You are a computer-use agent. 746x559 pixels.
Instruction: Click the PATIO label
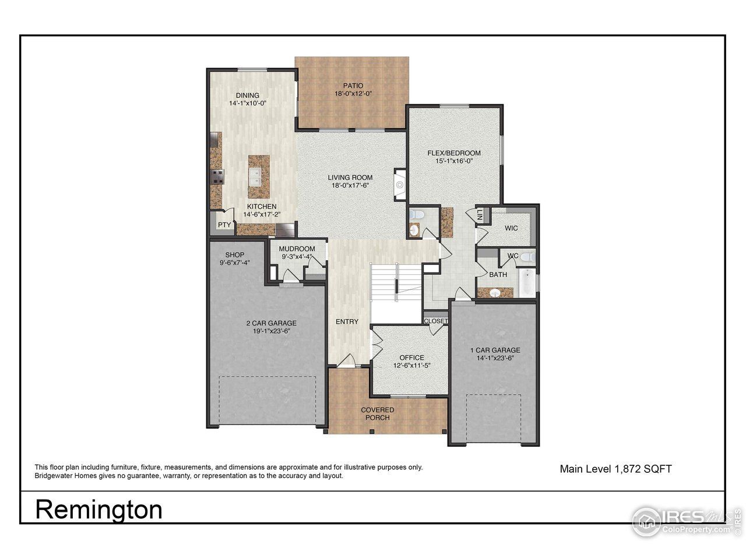point(353,86)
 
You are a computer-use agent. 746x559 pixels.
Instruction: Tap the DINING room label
point(248,95)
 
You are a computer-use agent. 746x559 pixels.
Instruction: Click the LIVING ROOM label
point(350,178)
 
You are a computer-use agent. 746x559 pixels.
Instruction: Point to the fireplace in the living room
point(399,185)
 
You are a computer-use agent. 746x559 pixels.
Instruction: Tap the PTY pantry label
point(224,225)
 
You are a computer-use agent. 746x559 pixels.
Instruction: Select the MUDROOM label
point(297,249)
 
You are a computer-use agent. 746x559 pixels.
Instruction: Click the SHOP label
point(234,255)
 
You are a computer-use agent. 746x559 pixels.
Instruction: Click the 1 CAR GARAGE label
point(495,350)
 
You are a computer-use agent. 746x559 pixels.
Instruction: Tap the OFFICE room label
point(411,358)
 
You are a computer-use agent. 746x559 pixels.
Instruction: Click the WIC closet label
point(511,228)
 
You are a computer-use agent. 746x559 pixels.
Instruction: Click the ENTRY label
point(347,321)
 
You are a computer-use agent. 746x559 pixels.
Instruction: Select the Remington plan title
point(99,510)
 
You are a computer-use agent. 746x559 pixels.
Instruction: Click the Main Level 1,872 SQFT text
point(615,469)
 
